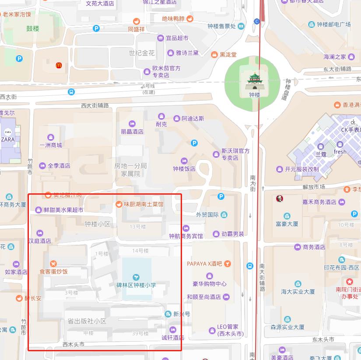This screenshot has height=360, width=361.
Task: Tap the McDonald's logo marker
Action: click(59, 65)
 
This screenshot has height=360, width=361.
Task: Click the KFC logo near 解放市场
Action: click(279, 199)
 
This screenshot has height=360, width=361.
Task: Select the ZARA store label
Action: click(8, 140)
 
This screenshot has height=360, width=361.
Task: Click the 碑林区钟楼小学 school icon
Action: click(136, 277)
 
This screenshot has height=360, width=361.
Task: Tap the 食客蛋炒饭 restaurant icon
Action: click(53, 263)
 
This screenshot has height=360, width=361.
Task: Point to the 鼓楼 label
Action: click(33, 28)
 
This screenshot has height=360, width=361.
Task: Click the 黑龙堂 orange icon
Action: click(214, 55)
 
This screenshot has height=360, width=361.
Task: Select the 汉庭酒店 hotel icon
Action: click(40, 233)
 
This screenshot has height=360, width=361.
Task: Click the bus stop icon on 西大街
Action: click(71, 92)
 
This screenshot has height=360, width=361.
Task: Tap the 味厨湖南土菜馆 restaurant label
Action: click(144, 204)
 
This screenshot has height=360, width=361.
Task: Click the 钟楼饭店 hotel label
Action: click(184, 169)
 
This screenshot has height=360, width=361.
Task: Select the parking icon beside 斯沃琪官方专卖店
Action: click(194, 143)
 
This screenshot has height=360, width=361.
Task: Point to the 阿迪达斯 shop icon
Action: click(177, 119)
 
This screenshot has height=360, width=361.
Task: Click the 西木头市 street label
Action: click(74, 344)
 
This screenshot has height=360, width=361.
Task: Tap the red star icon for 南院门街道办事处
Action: click(349, 281)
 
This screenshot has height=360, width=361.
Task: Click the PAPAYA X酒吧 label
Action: click(205, 264)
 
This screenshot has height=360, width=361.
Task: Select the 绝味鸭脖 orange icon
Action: click(189, 18)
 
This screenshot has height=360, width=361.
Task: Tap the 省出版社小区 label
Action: click(87, 321)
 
